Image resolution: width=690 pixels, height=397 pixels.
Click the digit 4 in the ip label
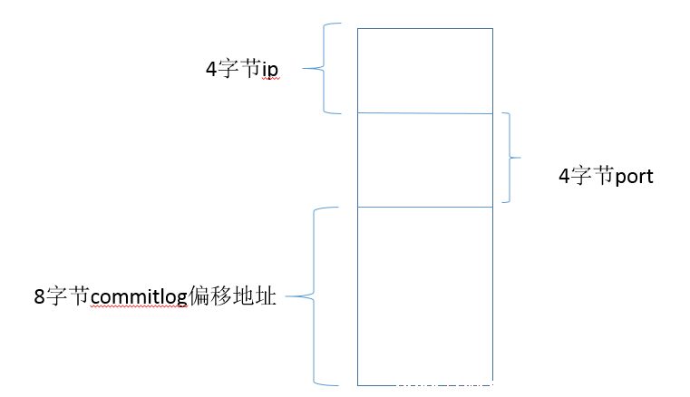coord(211,69)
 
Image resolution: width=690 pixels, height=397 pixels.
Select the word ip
coord(270,70)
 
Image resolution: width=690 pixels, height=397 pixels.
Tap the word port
coord(634,177)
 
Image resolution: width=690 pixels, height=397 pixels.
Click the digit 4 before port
coord(565,176)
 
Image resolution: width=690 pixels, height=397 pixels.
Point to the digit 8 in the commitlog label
coord(40,296)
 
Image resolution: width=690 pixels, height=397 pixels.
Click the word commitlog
coord(139,297)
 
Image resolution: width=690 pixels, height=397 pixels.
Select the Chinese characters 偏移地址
coord(232,295)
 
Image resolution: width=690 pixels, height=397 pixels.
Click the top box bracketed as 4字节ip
coord(425,71)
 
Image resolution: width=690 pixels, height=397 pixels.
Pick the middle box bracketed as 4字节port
coord(425,160)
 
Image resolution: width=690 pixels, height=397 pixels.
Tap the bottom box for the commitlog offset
coord(425,296)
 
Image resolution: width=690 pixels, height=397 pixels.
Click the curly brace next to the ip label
coord(324,69)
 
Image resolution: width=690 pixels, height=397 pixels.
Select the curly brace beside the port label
coord(510,157)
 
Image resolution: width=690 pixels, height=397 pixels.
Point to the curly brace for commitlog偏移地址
coord(314,296)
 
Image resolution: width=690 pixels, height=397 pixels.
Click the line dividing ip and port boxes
coord(425,113)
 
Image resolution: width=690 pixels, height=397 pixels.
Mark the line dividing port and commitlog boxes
coord(425,207)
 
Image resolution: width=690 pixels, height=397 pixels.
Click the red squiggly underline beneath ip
coord(270,79)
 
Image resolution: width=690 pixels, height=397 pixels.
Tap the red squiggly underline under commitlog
coord(139,306)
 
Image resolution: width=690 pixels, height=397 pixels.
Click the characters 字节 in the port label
coord(593,176)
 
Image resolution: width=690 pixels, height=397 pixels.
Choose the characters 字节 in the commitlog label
coord(68,295)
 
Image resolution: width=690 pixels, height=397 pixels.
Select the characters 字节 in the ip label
coord(240,69)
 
